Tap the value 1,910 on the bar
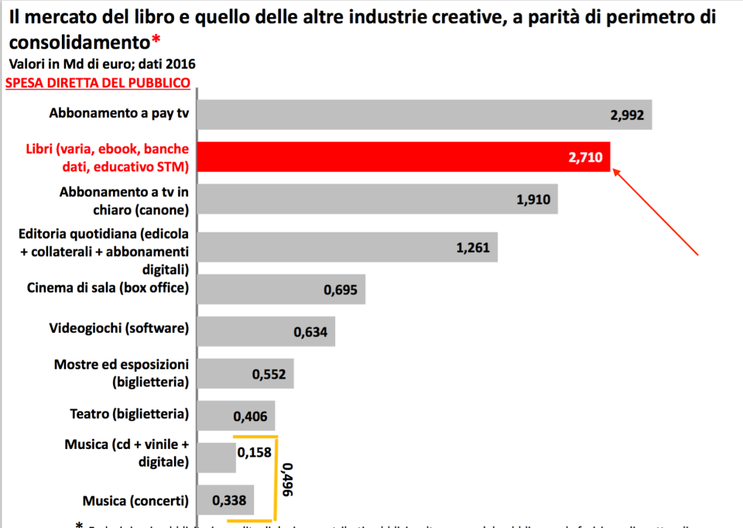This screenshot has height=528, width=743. (533, 200)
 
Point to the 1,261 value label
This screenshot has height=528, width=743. (473, 248)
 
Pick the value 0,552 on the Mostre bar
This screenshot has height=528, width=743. (269, 375)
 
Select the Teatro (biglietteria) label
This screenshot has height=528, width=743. (129, 413)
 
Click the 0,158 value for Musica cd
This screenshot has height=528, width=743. (255, 452)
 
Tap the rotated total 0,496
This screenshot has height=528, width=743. (287, 480)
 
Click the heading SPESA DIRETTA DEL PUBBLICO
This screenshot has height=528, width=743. (98, 83)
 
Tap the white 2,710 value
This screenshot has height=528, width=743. (584, 157)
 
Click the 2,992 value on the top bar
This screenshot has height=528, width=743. (627, 115)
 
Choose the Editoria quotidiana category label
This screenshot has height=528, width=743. (104, 252)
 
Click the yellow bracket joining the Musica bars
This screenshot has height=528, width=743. (275, 480)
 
